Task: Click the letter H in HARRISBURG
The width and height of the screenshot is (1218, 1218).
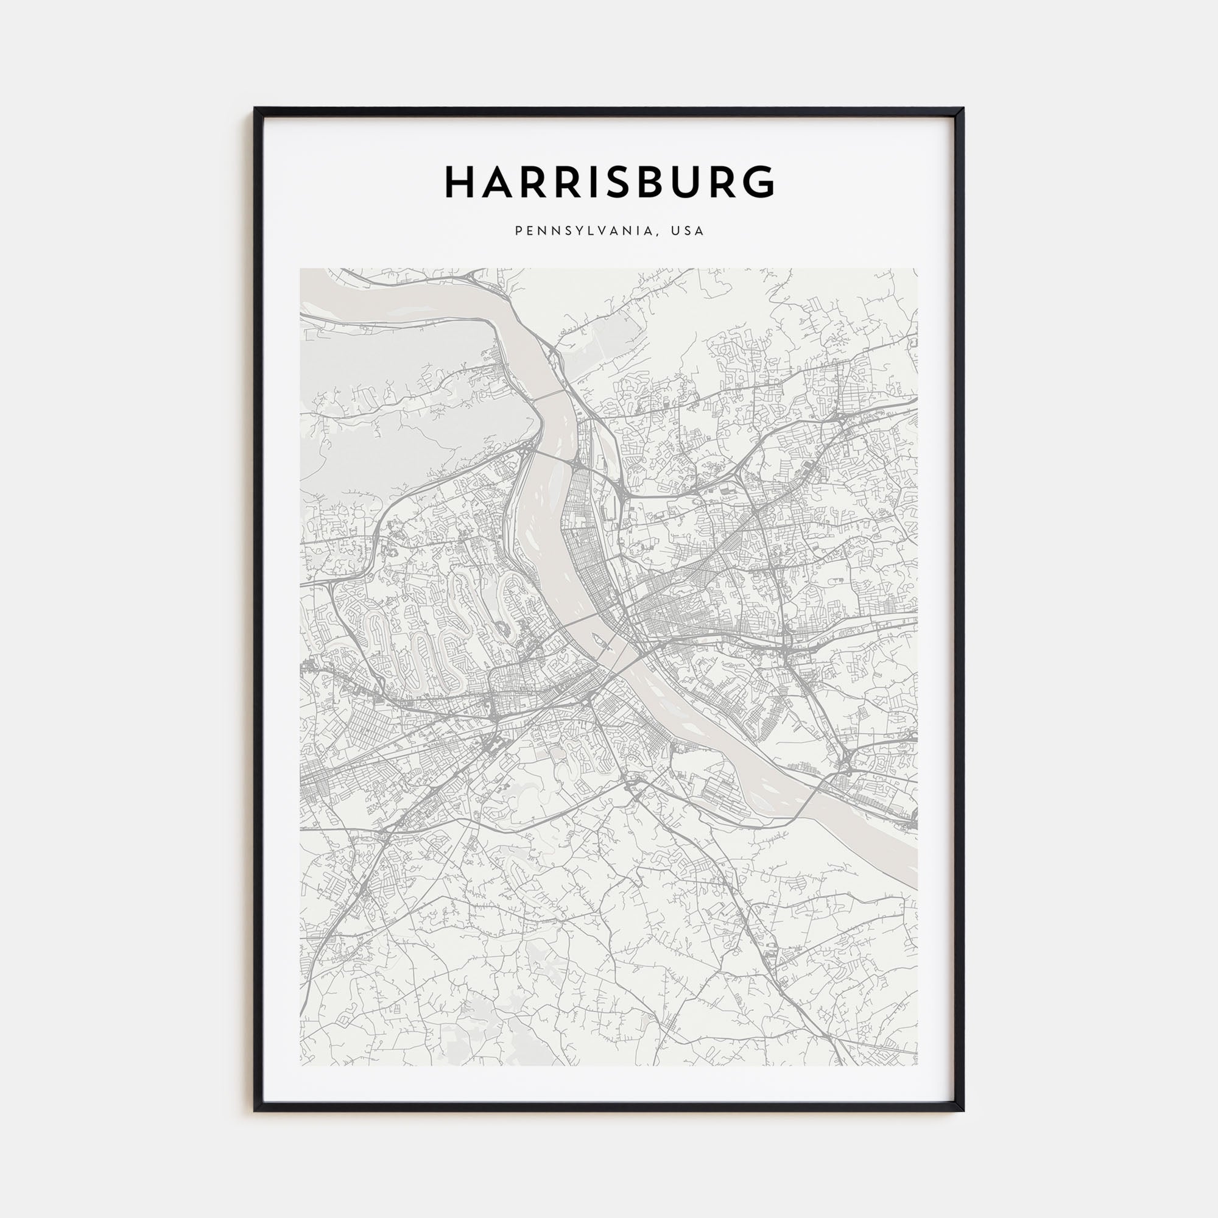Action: point(461,182)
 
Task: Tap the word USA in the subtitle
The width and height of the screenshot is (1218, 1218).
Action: point(687,231)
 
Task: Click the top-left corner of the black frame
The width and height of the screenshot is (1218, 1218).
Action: point(255,108)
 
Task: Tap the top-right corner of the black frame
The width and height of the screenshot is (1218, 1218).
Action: point(963,108)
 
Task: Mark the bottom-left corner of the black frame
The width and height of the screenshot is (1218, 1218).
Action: point(255,1110)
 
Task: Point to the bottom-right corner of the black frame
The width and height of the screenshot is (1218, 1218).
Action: point(963,1110)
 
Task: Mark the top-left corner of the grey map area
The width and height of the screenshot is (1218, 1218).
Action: point(300,269)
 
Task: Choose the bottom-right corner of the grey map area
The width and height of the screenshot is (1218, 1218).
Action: point(917,1066)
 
